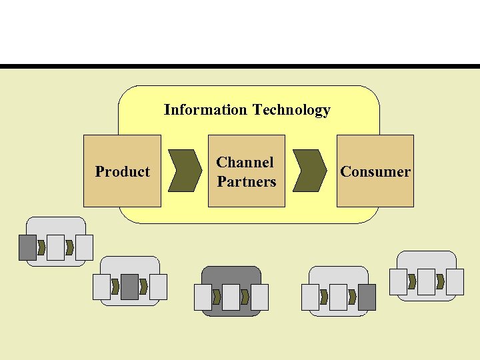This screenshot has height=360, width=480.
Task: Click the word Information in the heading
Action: click(205, 110)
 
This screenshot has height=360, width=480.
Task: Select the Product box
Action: click(122, 171)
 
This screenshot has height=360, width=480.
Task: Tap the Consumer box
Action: click(375, 171)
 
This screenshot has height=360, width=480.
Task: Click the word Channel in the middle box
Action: click(245, 162)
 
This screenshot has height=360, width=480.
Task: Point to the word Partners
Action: click(246, 181)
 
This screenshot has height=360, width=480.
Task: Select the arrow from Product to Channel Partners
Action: click(185, 171)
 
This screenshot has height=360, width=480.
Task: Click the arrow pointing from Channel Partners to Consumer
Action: click(311, 171)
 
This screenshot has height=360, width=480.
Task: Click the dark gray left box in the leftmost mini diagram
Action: click(27, 247)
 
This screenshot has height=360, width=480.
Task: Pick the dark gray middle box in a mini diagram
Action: click(129, 287)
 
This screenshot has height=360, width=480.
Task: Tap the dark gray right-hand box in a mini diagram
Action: click(367, 297)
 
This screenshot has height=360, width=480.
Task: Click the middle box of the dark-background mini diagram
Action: click(231, 297)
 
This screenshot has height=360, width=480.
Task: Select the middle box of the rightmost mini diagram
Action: click(427, 282)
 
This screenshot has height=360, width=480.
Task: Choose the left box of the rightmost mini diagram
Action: click(399, 282)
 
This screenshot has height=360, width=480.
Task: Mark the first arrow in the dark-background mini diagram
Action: click(216, 297)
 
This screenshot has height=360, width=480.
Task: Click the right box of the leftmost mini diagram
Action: click(84, 247)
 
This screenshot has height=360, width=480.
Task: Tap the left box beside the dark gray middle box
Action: click(101, 287)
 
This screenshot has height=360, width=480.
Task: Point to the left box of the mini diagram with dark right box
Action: click(310, 297)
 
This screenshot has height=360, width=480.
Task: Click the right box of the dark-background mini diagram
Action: click(259, 297)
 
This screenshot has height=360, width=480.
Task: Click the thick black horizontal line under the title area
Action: click(240, 67)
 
